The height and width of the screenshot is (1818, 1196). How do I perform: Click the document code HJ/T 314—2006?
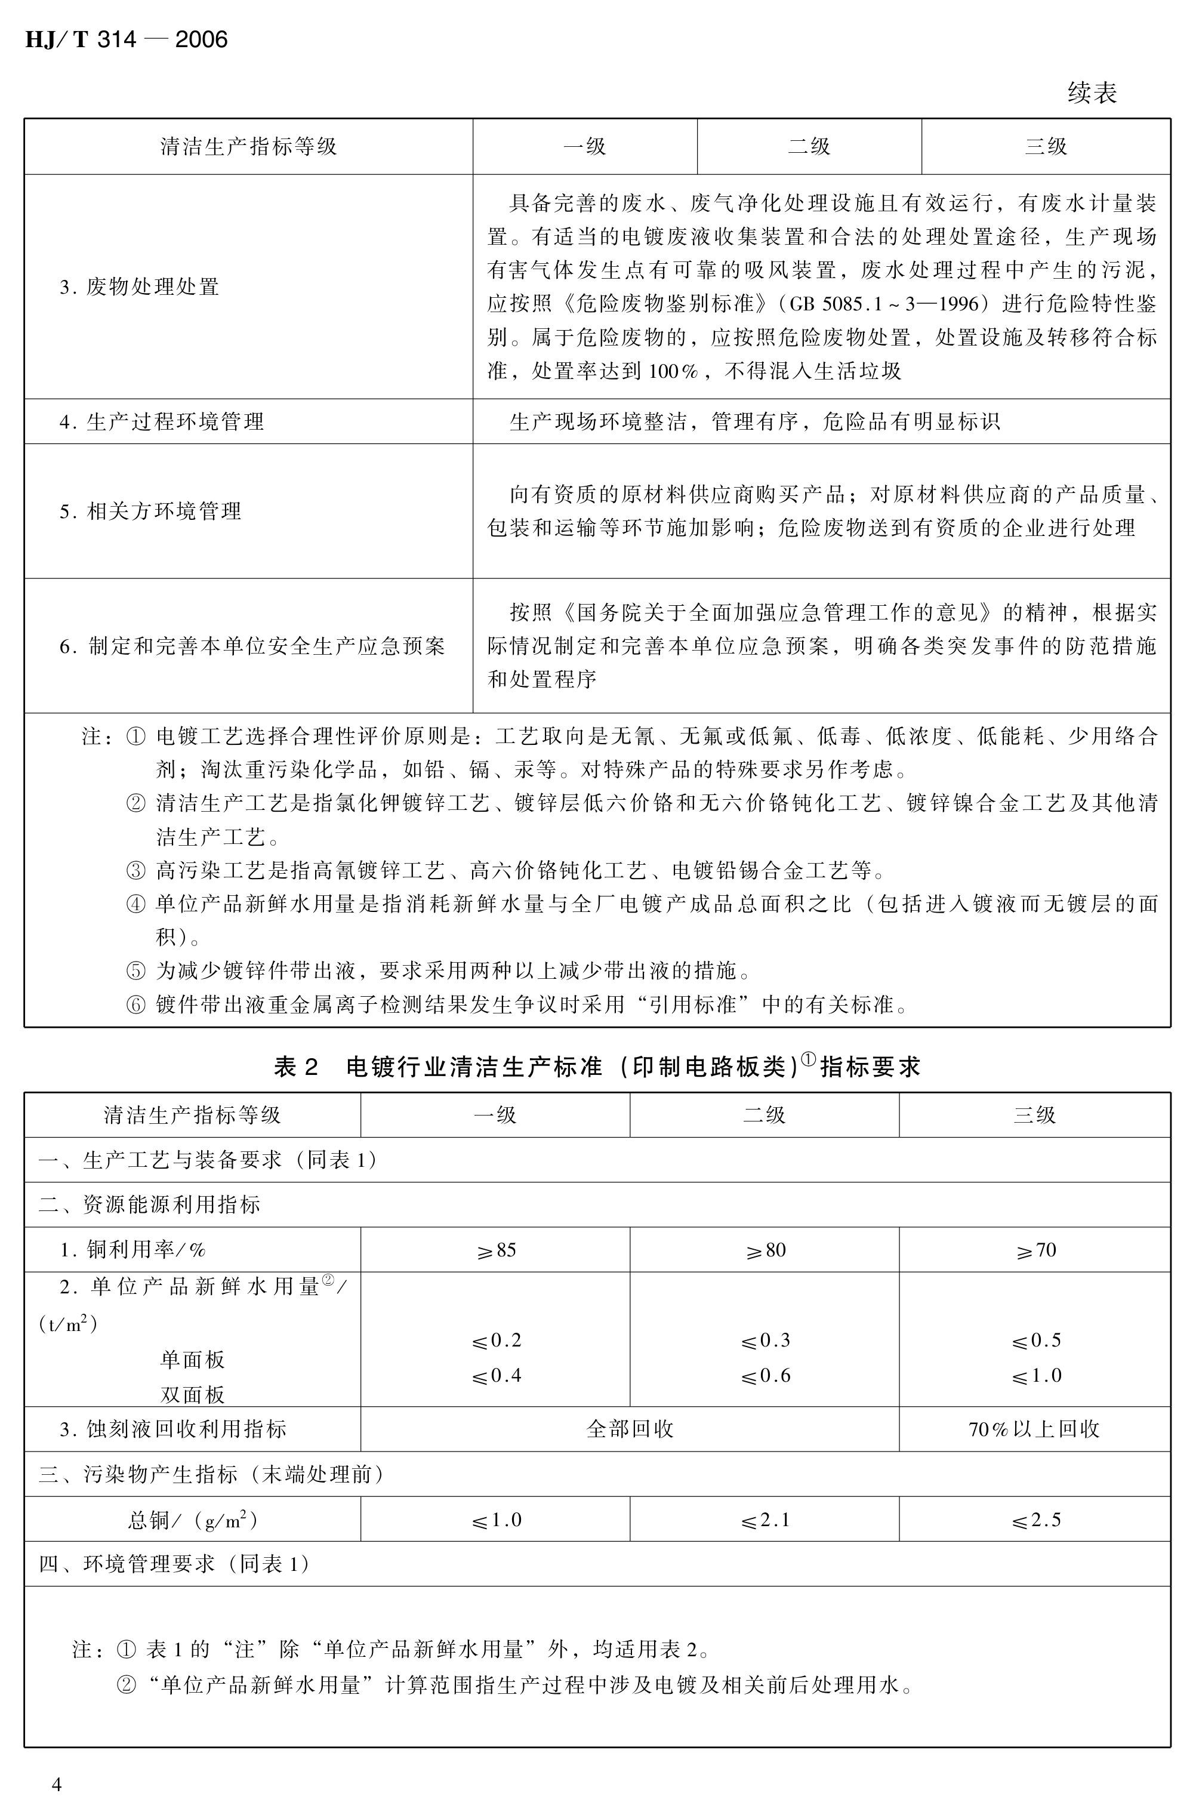pyautogui.click(x=126, y=39)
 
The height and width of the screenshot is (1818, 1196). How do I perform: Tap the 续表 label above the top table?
pyautogui.click(x=1092, y=93)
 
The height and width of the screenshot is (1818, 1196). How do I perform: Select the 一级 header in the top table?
pyautogui.click(x=584, y=147)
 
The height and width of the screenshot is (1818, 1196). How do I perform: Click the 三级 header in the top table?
pyautogui.click(x=1046, y=147)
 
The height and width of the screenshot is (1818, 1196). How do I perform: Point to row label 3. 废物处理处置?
pyautogui.click(x=140, y=287)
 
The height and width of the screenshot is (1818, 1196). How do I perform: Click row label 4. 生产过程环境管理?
pyautogui.click(x=162, y=421)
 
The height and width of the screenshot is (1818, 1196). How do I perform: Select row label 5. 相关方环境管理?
pyautogui.click(x=150, y=511)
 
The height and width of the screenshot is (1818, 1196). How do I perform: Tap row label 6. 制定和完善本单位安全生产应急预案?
pyautogui.click(x=252, y=646)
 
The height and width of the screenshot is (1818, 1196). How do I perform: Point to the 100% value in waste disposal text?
pyautogui.click(x=674, y=372)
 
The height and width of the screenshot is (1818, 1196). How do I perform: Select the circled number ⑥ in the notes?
pyautogui.click(x=135, y=1004)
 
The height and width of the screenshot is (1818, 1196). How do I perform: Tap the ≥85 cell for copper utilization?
pyautogui.click(x=496, y=1250)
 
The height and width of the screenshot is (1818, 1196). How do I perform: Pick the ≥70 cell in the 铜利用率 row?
pyautogui.click(x=1034, y=1250)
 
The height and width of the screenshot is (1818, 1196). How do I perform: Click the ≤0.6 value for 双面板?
pyautogui.click(x=765, y=1376)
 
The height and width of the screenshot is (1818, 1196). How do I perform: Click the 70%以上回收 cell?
pyautogui.click(x=1034, y=1429)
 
